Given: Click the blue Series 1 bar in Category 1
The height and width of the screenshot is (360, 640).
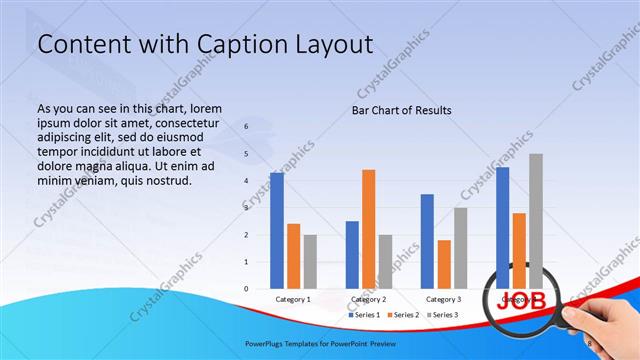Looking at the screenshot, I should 277,230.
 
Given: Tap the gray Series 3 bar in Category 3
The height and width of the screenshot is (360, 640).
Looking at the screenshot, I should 460,248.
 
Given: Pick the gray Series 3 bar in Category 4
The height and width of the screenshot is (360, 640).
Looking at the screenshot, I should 536,221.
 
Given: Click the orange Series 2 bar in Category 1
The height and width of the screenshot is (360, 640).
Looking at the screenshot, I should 293,256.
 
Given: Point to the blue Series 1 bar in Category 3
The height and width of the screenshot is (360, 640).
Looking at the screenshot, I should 427,241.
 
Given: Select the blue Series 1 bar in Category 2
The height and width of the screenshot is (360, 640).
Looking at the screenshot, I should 352,255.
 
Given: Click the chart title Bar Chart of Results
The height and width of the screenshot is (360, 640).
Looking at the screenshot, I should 401,110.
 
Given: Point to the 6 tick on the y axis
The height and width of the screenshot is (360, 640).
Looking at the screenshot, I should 246,127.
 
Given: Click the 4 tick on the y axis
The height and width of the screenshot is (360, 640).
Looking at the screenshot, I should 246,181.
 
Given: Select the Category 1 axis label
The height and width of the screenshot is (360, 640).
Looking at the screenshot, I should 293,299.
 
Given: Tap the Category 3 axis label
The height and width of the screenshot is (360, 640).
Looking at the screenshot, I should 443,299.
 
